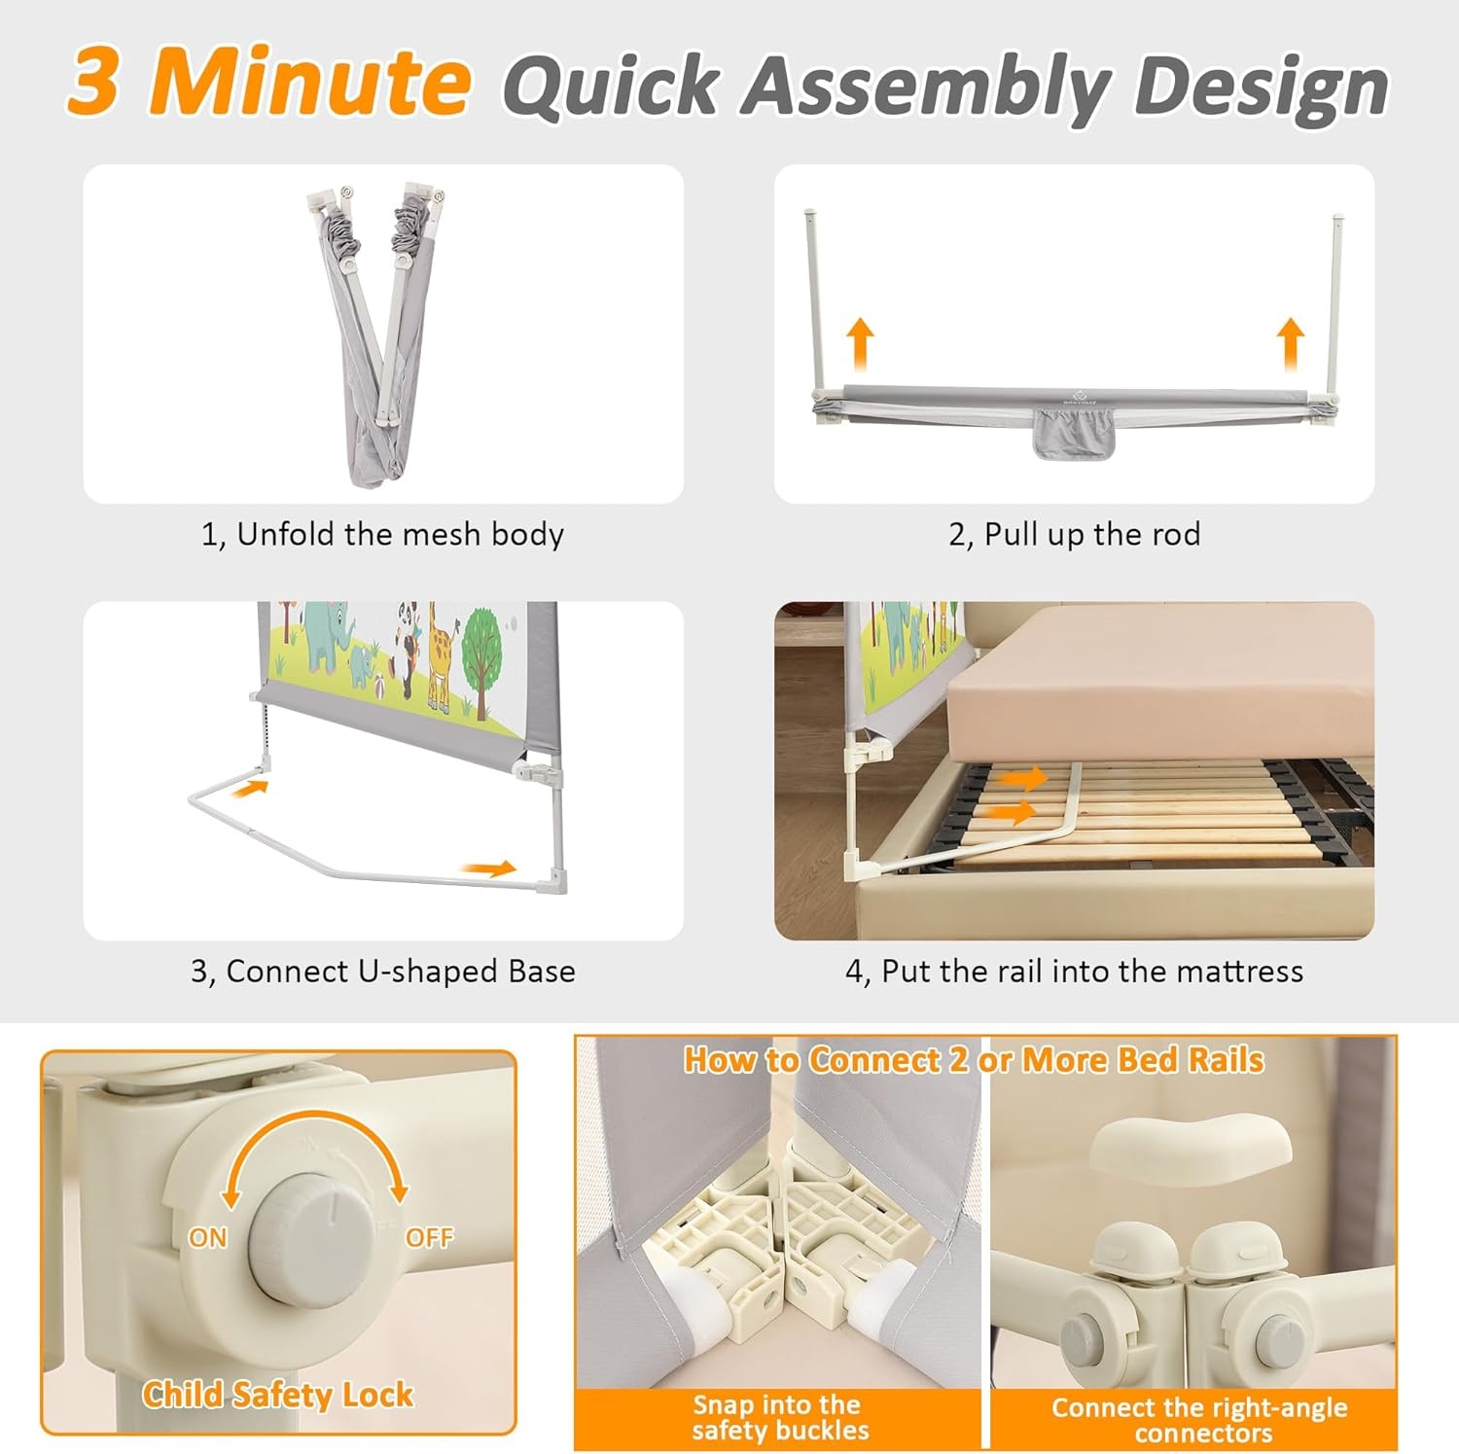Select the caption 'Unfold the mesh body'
point(400,534)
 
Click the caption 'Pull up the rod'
point(1092,534)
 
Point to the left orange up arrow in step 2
point(860,344)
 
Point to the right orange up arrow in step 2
point(1291,344)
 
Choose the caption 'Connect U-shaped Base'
point(401,972)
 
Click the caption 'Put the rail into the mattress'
point(1092,972)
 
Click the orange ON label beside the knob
point(207,1237)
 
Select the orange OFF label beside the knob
point(429,1237)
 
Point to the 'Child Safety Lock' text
point(278,1395)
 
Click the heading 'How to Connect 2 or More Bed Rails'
point(974,1059)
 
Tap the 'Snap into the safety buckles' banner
point(777,1417)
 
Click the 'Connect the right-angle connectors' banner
point(1199,1420)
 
